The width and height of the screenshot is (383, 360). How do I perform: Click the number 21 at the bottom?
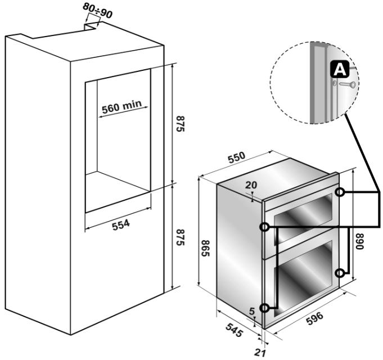pyautogui.click(x=260, y=353)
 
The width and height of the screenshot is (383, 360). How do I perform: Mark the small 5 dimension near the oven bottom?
pyautogui.click(x=251, y=310)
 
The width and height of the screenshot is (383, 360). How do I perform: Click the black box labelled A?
pyautogui.click(x=338, y=70)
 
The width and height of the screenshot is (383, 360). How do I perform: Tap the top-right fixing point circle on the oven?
pyautogui.click(x=340, y=192)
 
